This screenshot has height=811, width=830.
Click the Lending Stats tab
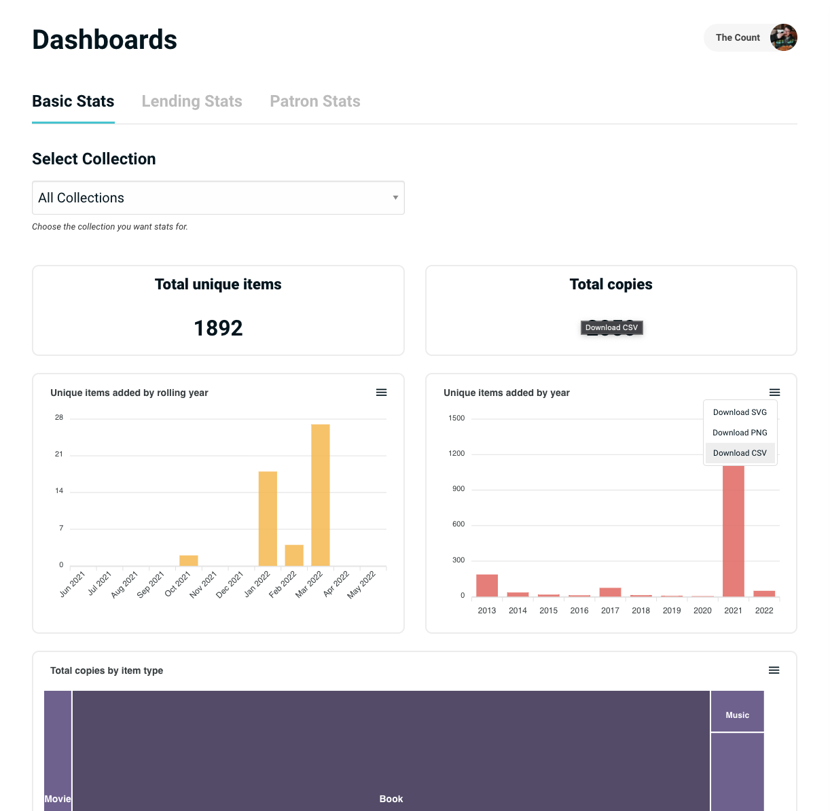[x=192, y=101]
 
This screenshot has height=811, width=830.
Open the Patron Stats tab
[x=315, y=101]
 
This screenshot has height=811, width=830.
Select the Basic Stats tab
[x=73, y=101]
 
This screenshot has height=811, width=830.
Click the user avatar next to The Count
[x=783, y=37]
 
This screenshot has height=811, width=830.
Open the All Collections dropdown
[x=218, y=198]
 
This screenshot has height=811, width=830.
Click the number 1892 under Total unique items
[x=218, y=328]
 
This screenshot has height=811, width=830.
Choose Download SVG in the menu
[x=740, y=412]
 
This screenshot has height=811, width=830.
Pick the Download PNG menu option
[x=740, y=433]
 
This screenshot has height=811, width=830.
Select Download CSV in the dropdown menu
[x=740, y=453]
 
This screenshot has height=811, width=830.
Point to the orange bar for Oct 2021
[x=189, y=560]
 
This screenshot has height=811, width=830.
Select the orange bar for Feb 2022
[x=294, y=555]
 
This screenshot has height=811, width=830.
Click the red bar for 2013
[x=487, y=585]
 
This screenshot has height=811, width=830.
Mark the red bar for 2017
[x=610, y=592]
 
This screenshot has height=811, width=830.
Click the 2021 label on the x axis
[x=733, y=611]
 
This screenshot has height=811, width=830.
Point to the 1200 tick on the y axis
[x=456, y=454]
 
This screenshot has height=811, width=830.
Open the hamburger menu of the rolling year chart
[x=381, y=393]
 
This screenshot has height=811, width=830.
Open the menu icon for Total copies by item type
[x=774, y=670]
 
